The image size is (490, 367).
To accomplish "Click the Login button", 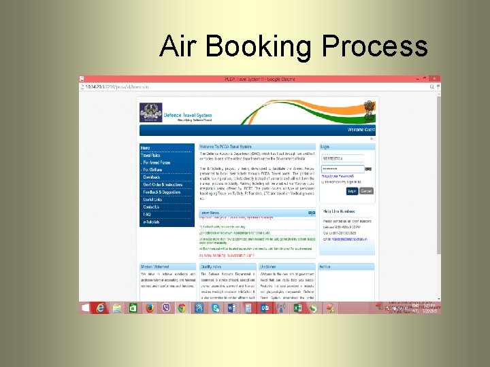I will click(352, 191).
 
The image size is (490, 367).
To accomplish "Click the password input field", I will click(342, 169).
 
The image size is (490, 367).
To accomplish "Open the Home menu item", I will click(145, 147).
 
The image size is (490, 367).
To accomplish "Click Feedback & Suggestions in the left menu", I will click(162, 192).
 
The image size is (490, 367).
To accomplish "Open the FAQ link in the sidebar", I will click(146, 214).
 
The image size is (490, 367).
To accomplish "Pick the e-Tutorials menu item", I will click(150, 222).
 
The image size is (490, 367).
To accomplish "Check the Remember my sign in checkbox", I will click(323, 182).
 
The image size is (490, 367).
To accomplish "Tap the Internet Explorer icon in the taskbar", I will click(101, 308).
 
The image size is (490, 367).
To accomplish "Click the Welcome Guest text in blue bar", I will click(359, 130).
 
